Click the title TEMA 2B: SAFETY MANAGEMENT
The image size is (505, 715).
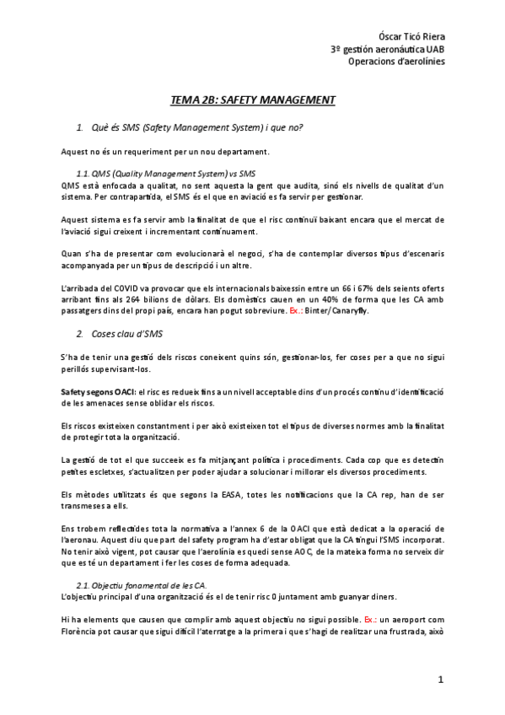[253, 100]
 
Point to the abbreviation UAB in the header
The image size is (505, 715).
[436, 49]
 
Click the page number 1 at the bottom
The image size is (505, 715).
[440, 679]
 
